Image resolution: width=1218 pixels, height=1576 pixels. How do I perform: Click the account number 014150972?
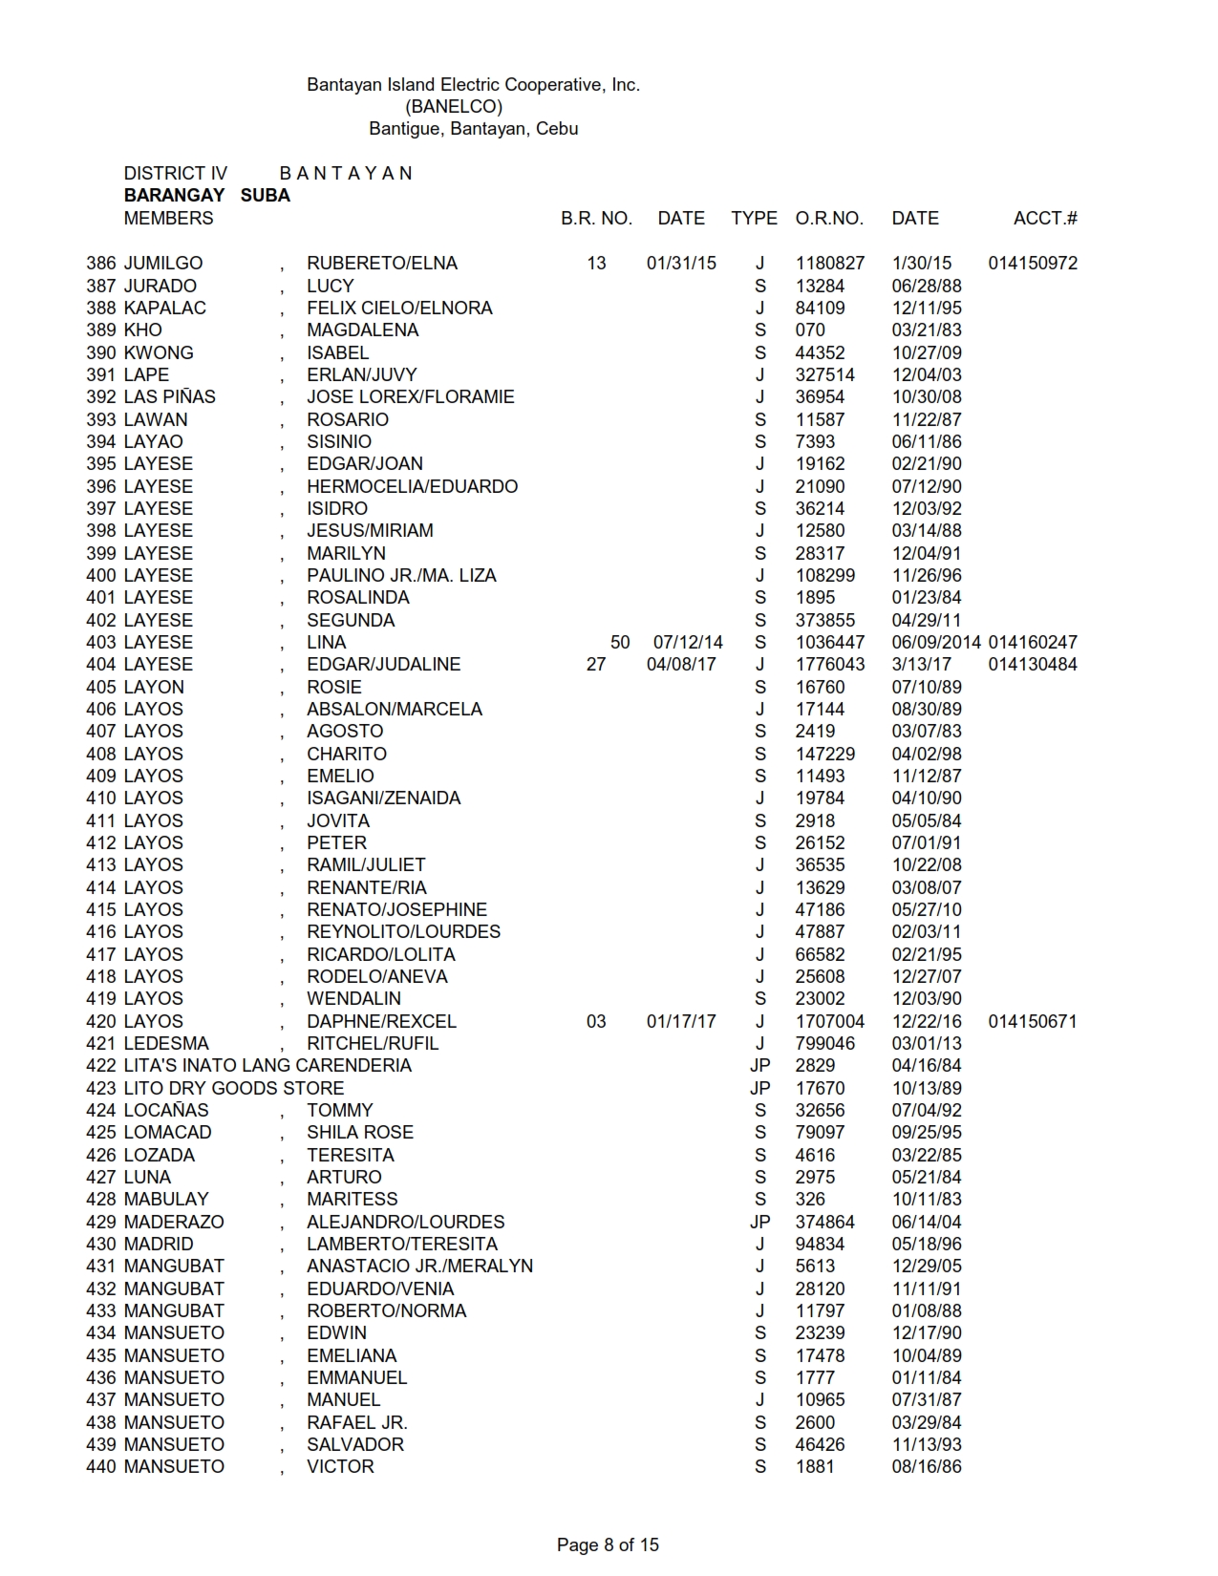[x=1033, y=263]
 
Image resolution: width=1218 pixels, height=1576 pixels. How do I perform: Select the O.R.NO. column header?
[x=829, y=218]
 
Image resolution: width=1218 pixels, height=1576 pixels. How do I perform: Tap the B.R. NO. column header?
[x=596, y=218]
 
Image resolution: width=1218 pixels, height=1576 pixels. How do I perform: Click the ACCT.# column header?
[x=1045, y=218]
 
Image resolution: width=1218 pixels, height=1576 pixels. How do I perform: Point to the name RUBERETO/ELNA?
[x=382, y=263]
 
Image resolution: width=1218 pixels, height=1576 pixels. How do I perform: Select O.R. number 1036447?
[x=830, y=642]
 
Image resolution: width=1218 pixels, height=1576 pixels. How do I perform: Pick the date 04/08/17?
[x=681, y=664]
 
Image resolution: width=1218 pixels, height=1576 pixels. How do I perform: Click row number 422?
[x=101, y=1065]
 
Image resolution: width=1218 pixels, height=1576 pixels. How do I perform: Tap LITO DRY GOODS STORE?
[x=234, y=1088]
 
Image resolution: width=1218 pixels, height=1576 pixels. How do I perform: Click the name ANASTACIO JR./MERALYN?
[x=419, y=1266]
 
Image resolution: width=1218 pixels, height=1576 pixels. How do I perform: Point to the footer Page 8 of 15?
[x=608, y=1544]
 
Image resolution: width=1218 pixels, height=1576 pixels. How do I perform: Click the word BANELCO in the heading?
[x=454, y=106]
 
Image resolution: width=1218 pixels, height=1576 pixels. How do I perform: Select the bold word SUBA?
[x=265, y=195]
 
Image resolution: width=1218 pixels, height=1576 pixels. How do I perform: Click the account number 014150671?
[x=1033, y=1021]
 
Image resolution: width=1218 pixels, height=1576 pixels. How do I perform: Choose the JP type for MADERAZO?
[x=760, y=1222]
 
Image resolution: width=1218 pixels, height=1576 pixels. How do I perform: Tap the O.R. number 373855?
[x=825, y=620]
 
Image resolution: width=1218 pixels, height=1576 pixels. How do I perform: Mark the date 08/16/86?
[x=927, y=1466]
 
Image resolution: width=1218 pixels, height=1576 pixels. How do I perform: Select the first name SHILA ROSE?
[x=360, y=1132]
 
